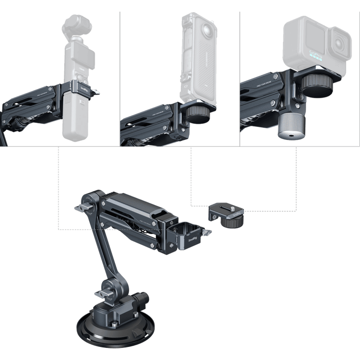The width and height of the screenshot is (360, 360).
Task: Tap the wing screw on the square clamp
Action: [x=208, y=232]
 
